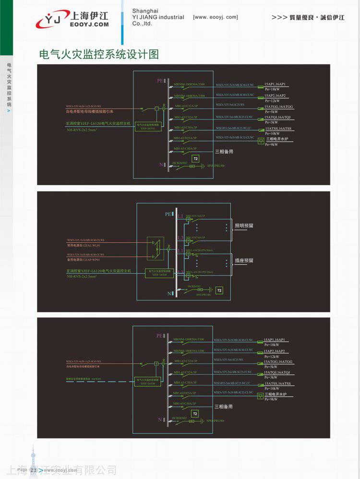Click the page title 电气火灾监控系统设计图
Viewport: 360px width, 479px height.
(98, 54)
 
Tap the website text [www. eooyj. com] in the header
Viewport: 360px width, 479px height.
(215, 17)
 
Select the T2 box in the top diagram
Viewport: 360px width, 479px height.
(195, 158)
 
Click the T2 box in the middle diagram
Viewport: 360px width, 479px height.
(219, 290)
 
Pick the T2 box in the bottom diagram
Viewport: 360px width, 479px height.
(195, 414)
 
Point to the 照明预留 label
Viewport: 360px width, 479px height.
(243, 226)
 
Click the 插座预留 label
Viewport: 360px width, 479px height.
(243, 261)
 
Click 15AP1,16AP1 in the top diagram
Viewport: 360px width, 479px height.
(275, 84)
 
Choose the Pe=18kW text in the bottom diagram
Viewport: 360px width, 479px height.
(272, 345)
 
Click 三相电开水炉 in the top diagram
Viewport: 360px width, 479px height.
(277, 139)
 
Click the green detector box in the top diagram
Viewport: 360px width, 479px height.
(148, 126)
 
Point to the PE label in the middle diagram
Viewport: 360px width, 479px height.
(168, 214)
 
